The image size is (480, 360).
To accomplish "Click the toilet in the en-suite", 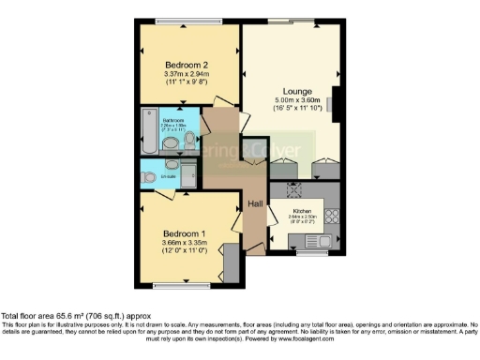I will (150, 176).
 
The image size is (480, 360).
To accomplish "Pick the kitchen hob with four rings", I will (331, 220).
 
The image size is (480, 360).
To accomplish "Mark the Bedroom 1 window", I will (176, 283).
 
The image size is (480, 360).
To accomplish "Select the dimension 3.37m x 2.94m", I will (186, 74).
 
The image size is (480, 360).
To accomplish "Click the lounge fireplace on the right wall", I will (337, 103).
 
